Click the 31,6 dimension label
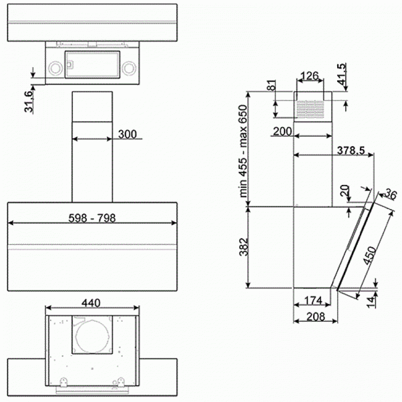pos(29,102)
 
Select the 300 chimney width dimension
pos(127,134)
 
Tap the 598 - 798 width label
pos(92,218)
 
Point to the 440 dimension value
pos(91,303)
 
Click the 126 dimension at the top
pos(310,76)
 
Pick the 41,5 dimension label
pos(341,74)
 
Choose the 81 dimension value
pos(271,86)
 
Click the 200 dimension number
pos(282,131)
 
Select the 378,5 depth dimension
pos(351,150)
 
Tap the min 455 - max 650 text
pos(243,151)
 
